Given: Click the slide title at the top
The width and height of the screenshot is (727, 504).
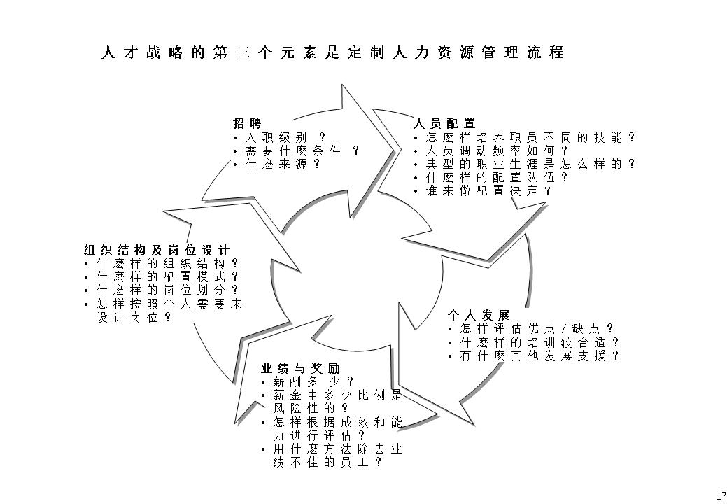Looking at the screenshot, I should coord(332,53).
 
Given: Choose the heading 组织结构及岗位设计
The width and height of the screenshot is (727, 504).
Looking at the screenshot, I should coord(157,250).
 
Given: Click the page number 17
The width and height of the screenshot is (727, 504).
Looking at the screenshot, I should coord(721,496).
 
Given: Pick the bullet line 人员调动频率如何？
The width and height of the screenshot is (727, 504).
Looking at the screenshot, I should coord(497,150).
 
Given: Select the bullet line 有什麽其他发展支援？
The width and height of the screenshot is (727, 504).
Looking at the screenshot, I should coord(539,356).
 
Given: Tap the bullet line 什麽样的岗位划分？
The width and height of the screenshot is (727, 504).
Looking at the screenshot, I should coord(167,290).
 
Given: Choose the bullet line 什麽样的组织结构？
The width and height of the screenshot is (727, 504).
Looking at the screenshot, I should coord(167,263).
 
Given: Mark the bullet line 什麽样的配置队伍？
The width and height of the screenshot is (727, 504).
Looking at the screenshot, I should coord(497,177).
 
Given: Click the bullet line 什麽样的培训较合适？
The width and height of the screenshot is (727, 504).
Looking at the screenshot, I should coord(539,342).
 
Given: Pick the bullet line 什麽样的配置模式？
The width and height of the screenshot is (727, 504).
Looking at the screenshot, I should coord(167,276).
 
